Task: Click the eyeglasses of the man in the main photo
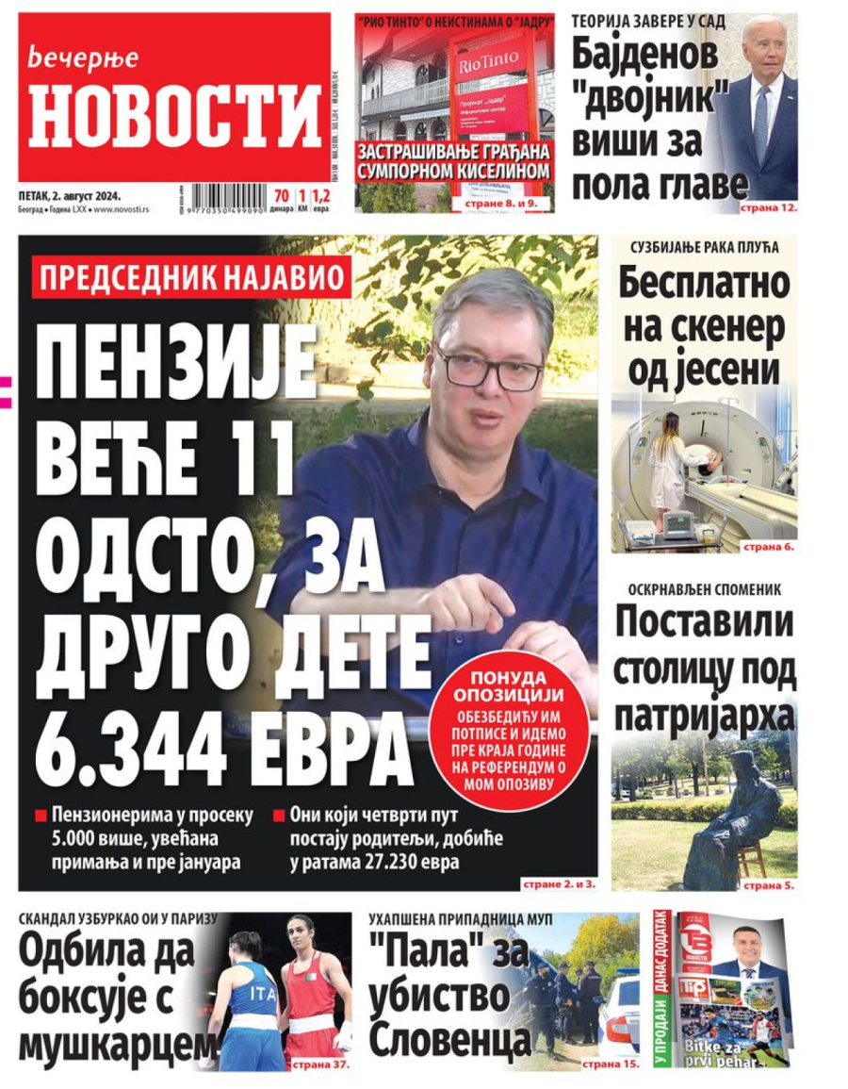point(488,367)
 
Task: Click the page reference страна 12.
point(768,205)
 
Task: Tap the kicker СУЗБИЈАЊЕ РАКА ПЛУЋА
point(704,248)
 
